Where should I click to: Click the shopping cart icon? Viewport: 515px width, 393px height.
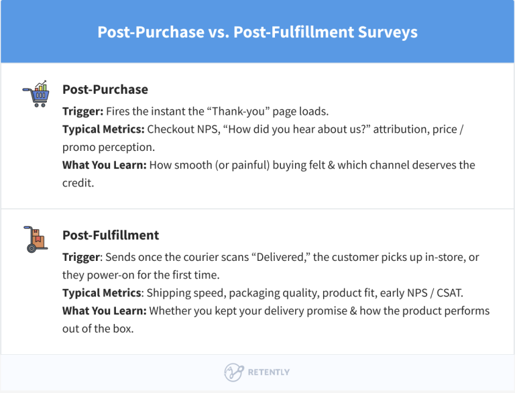[36, 95]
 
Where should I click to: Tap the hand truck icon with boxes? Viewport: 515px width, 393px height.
[36, 240]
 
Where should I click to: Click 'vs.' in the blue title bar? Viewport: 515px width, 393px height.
[217, 32]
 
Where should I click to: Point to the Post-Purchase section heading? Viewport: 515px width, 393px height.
[105, 89]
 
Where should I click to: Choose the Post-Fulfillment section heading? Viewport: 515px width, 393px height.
[111, 235]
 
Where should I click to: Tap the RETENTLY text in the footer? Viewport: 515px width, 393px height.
[268, 372]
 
